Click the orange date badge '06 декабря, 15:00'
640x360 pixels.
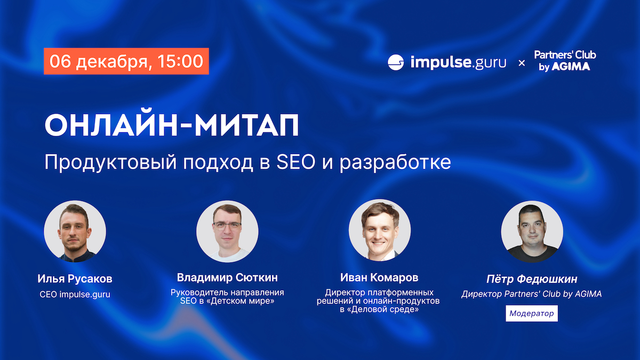tap(126, 61)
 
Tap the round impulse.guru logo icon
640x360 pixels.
tap(396, 62)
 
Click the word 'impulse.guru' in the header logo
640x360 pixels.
tap(458, 62)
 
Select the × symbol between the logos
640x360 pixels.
tap(522, 63)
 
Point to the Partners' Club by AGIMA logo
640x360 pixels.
tap(565, 61)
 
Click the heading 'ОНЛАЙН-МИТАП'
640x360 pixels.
tap(172, 125)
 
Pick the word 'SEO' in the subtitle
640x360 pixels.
tap(295, 162)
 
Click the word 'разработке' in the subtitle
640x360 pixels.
tap(395, 163)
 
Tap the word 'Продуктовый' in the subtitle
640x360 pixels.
tap(110, 163)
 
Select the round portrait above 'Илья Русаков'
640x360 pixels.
tap(75, 231)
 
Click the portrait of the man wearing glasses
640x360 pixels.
tap(227, 231)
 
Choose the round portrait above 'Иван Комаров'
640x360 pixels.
tap(379, 230)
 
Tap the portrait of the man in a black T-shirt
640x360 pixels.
tap(532, 231)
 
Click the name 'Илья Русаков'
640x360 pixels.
tap(75, 279)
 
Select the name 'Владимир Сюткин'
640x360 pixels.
tap(227, 277)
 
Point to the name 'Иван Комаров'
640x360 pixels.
tap(379, 277)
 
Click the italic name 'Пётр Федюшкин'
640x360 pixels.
tap(532, 279)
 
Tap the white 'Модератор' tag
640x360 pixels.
tap(532, 314)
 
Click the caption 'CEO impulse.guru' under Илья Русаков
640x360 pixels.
tap(75, 294)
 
